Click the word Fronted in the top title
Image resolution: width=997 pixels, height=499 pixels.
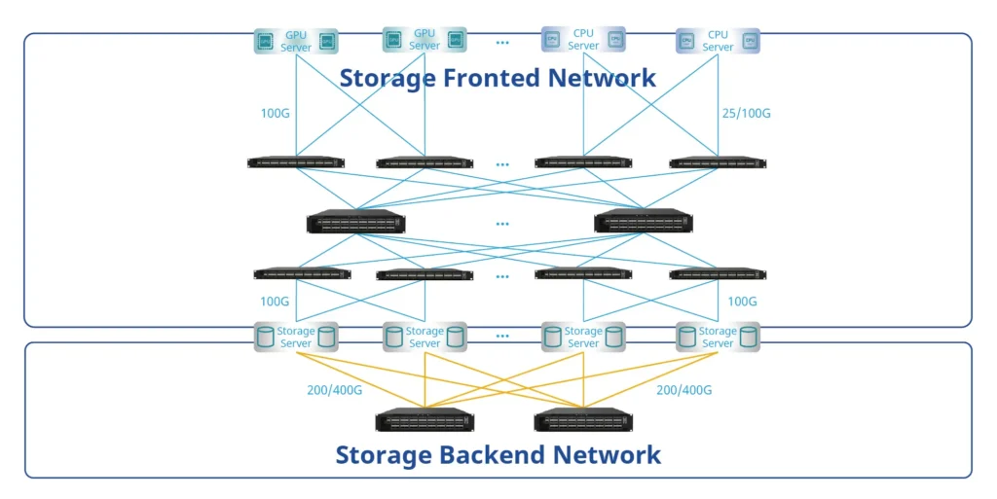point(498,78)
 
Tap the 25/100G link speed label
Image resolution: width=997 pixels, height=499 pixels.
point(744,114)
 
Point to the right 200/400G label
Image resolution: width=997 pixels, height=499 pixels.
point(683,390)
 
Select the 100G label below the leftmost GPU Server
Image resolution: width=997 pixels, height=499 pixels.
point(276,114)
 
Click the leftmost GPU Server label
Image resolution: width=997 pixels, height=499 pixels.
point(296,41)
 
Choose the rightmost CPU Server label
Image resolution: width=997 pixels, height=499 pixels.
point(718,41)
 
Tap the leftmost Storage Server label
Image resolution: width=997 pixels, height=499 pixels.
point(296,337)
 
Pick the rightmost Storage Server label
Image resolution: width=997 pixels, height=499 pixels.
point(718,337)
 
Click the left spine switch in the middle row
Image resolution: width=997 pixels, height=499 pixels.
point(355,223)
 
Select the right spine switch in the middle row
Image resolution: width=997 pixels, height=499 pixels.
point(644,223)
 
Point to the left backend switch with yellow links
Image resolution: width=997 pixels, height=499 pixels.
point(425,420)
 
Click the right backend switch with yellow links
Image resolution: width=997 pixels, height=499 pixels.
point(583,420)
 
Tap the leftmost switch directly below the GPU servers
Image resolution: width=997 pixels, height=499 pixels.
point(296,162)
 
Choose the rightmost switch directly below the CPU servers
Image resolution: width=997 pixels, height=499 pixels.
point(718,162)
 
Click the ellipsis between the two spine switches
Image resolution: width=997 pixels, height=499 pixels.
point(502,224)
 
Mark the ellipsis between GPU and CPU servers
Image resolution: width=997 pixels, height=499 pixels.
point(502,43)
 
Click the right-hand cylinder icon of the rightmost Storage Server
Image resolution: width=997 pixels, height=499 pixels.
point(749,337)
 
